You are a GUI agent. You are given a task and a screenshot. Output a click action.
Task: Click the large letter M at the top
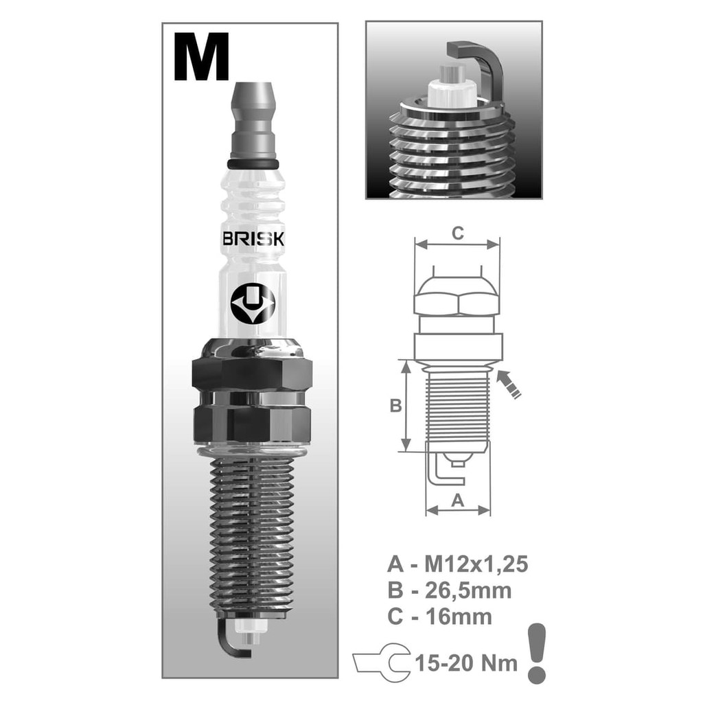pos(202,56)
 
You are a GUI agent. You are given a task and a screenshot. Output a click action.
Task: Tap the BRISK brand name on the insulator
pos(253,239)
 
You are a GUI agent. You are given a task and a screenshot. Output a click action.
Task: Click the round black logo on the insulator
pos(253,303)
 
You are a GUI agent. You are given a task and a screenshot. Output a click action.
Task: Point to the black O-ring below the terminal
pos(253,163)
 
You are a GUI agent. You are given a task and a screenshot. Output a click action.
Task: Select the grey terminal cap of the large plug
pos(253,120)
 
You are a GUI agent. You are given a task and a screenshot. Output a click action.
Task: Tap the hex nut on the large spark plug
pos(253,374)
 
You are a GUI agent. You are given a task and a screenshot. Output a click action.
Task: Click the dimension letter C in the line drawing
pos(457,233)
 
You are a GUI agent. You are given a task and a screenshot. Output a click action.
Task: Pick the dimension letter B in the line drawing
pos(395,405)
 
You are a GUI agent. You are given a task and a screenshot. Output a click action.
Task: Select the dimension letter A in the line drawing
pos(457,500)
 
